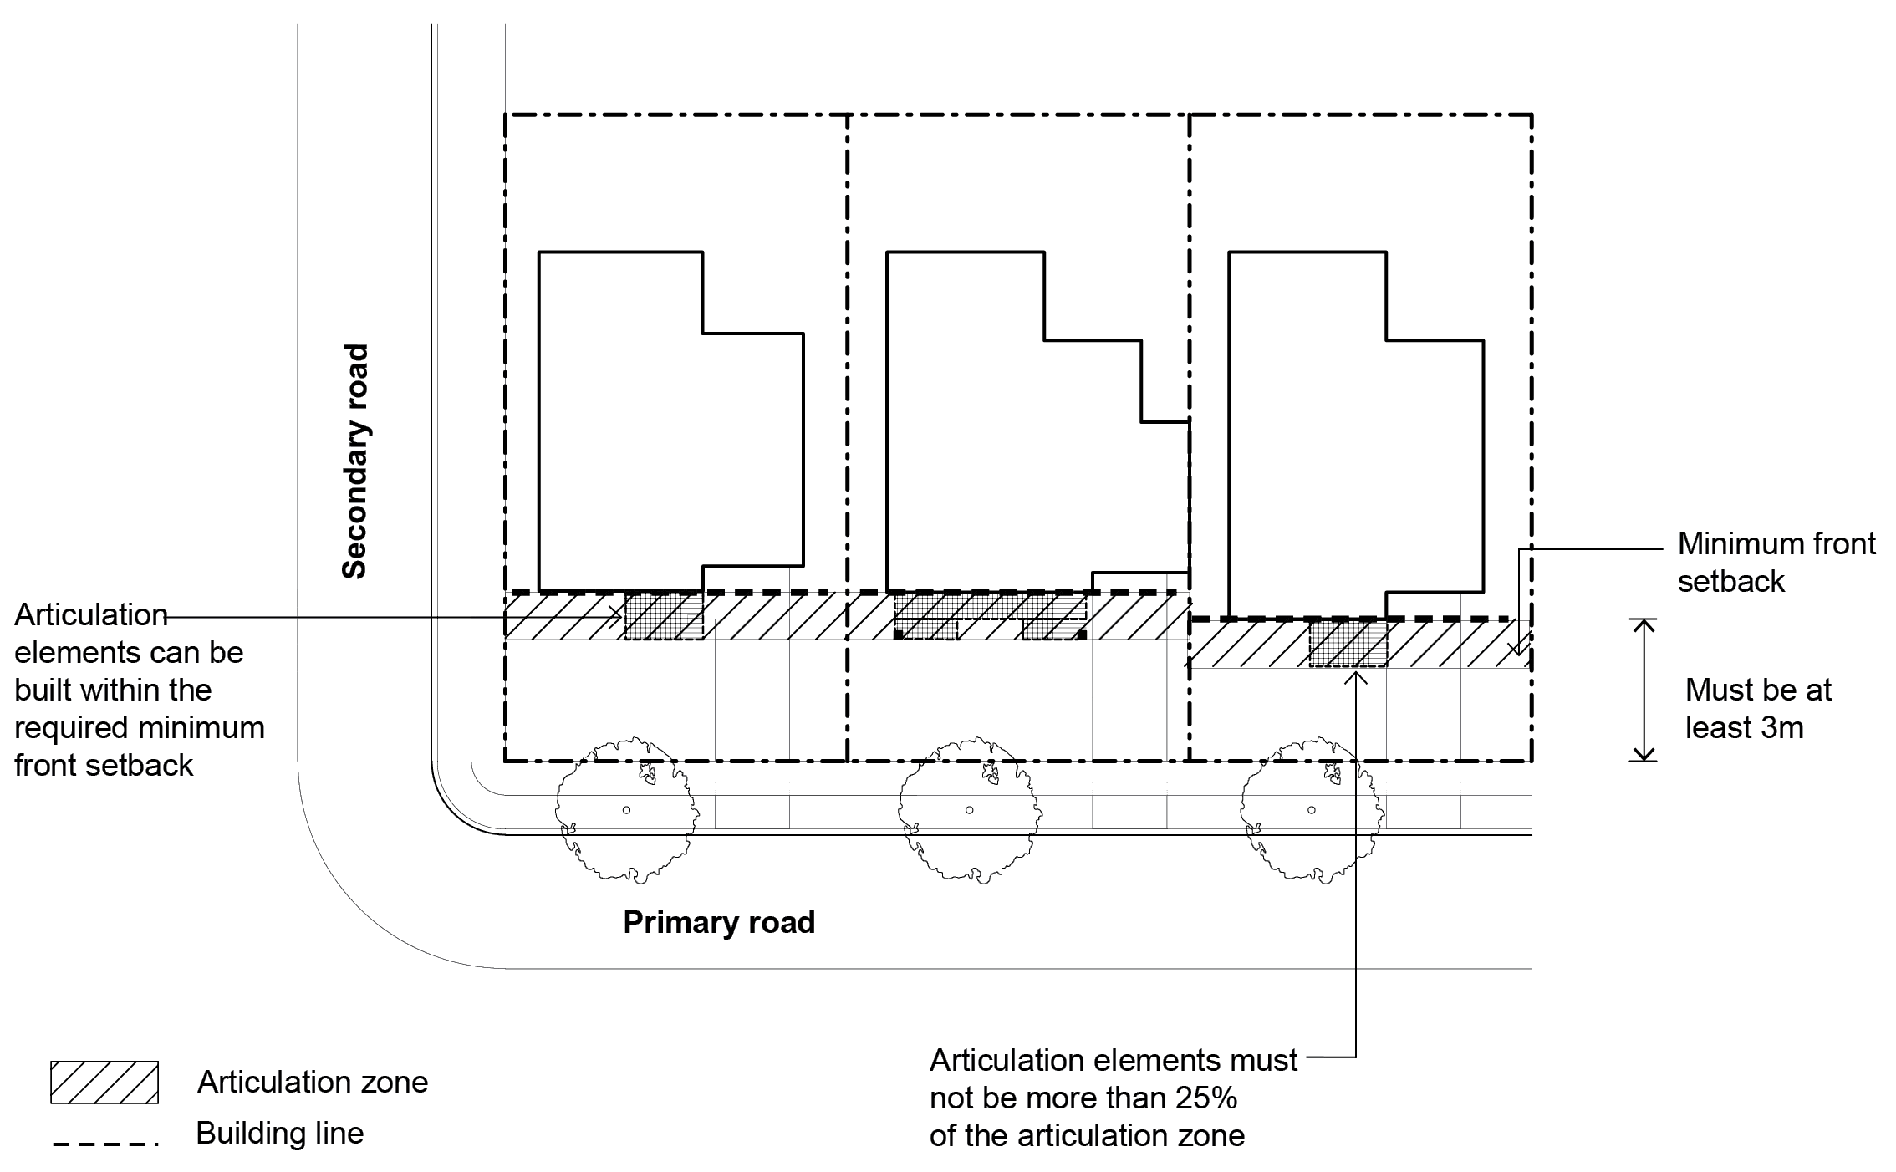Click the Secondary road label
[x=355, y=461]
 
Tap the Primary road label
[x=719, y=922]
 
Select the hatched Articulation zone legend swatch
[x=104, y=1082]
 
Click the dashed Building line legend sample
[x=104, y=1143]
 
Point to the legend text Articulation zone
[x=313, y=1082]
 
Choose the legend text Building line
[x=280, y=1134]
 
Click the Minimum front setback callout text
[x=1776, y=563]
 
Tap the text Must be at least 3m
[x=1757, y=709]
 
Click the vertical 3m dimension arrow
[x=1644, y=690]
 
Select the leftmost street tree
[x=626, y=809]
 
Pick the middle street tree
[x=970, y=809]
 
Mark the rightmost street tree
[x=1311, y=809]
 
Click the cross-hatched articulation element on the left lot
[x=665, y=617]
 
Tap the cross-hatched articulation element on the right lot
[x=1348, y=644]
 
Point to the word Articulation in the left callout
[x=91, y=615]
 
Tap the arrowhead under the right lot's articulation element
[x=1356, y=675]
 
